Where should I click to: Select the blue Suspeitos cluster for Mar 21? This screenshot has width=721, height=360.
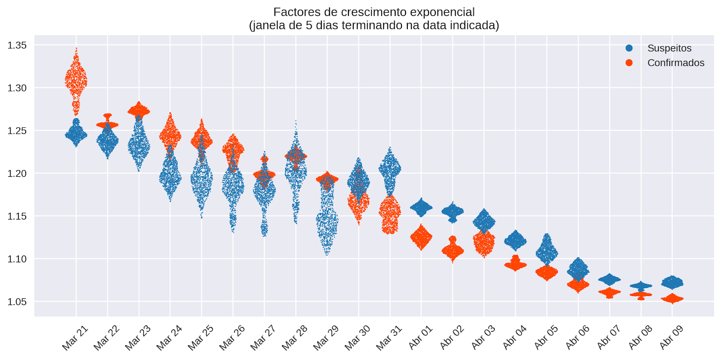[x=76, y=134]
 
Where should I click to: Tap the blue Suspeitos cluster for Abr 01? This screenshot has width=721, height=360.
[x=421, y=207]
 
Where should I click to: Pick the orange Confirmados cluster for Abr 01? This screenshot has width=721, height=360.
[x=421, y=237]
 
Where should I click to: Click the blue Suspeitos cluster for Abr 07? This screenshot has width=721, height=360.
[x=609, y=279]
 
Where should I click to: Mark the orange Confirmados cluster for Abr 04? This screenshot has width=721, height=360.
[x=515, y=265]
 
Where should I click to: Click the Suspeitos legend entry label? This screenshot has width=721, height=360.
[x=669, y=48]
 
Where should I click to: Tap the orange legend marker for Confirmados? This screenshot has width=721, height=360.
[x=629, y=63]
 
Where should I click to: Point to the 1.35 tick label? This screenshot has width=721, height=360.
[x=17, y=45]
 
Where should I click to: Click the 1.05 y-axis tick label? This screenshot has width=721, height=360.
[x=17, y=301]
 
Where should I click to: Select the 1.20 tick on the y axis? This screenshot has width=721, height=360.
[x=17, y=173]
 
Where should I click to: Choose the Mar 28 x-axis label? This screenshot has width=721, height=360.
[x=295, y=337]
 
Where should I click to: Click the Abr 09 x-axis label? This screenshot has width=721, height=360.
[x=671, y=337]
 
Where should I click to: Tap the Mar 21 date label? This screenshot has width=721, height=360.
[x=75, y=337]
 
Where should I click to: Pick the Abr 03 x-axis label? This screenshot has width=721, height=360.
[x=483, y=337]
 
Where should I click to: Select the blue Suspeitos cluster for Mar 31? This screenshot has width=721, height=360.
[x=390, y=169]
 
